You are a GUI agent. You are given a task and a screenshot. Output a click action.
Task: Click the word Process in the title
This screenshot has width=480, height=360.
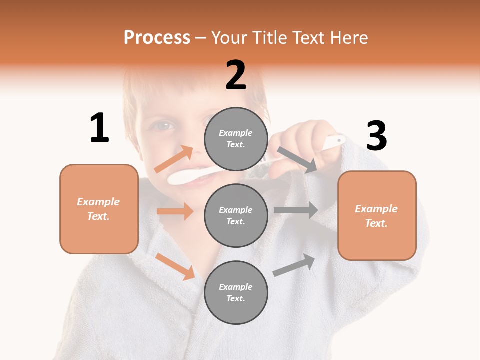coord(157,38)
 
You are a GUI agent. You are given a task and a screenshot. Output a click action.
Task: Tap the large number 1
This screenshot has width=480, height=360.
coord(99,128)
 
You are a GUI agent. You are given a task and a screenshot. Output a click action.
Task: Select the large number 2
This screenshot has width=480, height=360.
coord(236,75)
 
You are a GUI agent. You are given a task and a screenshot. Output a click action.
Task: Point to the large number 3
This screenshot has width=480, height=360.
coord(376,136)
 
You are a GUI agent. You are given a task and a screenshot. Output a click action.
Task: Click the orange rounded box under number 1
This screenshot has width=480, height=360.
coord(99,209)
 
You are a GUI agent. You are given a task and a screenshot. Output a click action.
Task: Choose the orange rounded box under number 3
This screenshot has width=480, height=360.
coord(377,216)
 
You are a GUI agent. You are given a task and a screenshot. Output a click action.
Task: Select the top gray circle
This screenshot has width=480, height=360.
coord(236,139)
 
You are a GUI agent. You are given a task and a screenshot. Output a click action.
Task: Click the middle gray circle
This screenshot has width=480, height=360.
coord(236,215)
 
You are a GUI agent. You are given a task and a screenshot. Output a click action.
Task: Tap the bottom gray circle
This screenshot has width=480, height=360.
coord(236,292)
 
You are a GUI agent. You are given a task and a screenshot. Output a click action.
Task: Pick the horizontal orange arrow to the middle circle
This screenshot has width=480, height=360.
coord(175,211)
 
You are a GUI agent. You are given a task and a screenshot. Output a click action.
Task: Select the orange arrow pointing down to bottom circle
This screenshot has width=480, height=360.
coord(175,266)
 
